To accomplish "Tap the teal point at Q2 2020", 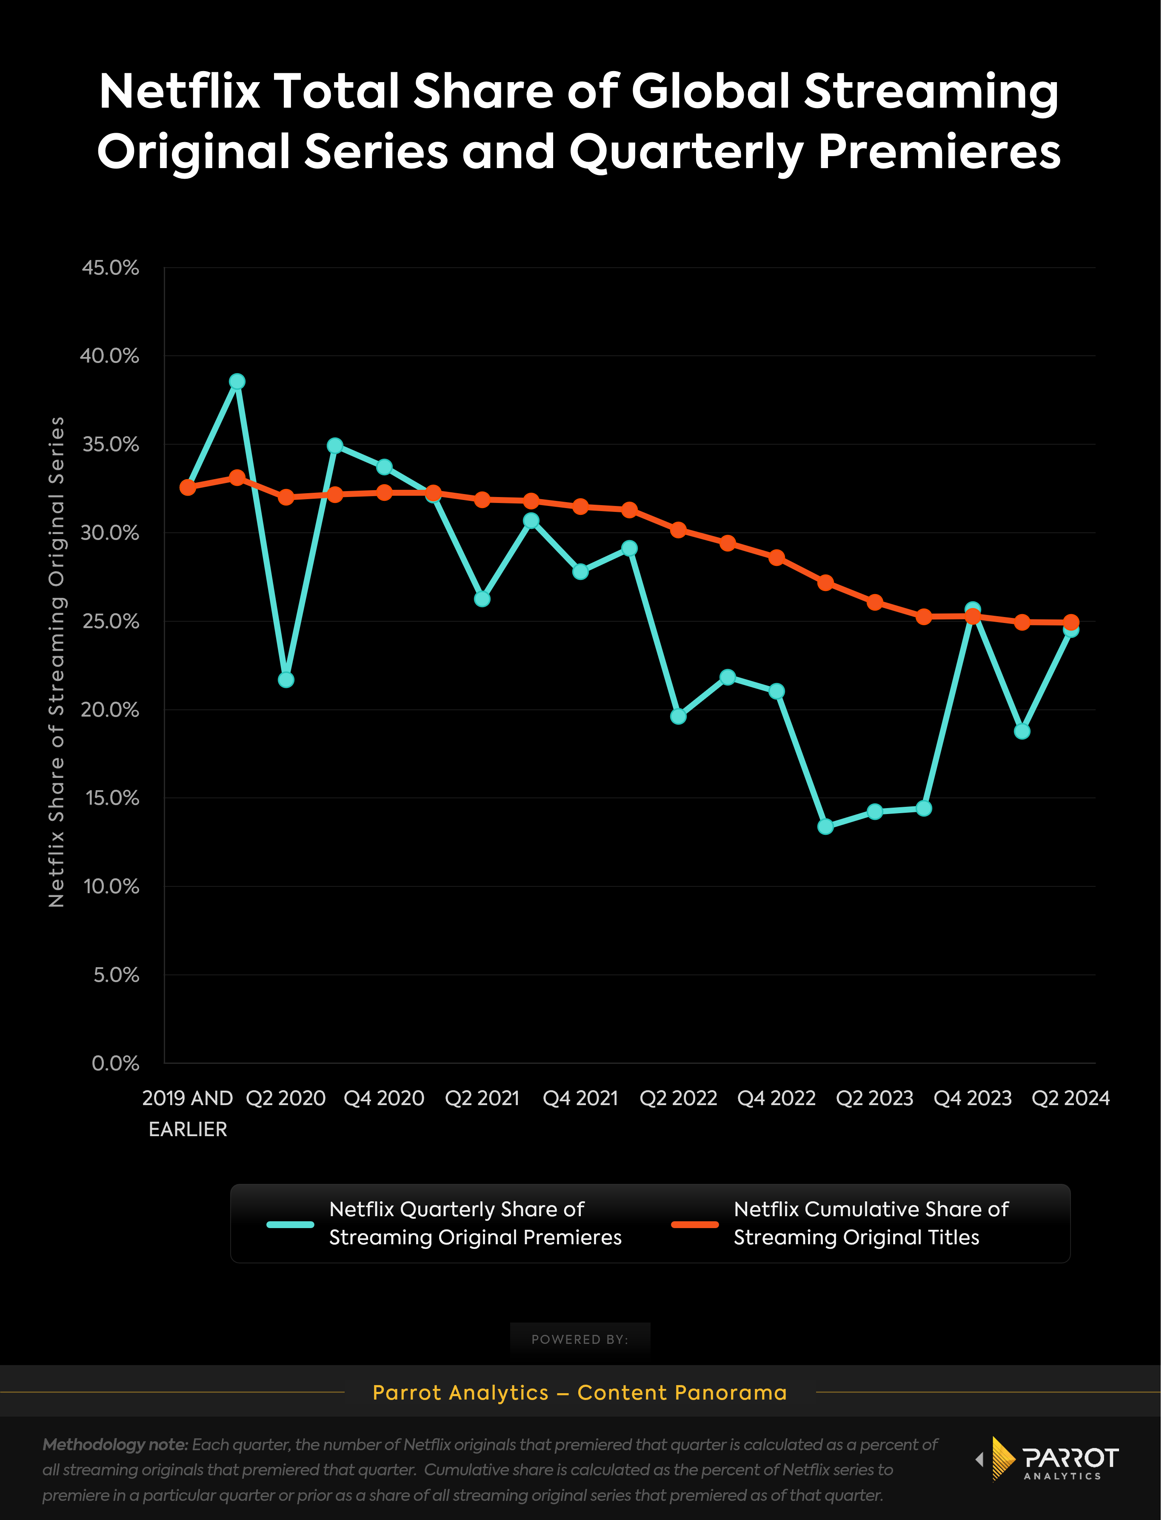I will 286,680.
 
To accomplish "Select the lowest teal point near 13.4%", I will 825,826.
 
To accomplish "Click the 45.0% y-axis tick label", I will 111,268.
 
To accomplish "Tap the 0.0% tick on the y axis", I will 115,1063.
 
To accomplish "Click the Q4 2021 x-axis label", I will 580,1098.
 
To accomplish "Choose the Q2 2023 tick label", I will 874,1098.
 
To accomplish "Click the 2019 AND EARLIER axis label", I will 188,1113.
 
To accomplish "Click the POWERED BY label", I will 580,1340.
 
